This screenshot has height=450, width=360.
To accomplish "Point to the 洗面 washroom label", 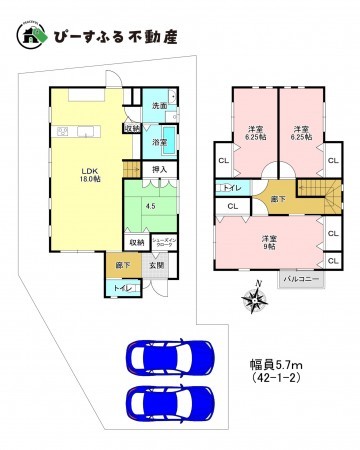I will tap(159, 105).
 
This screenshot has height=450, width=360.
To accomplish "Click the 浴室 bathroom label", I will tap(159, 143).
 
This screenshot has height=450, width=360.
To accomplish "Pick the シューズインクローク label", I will tap(165, 241).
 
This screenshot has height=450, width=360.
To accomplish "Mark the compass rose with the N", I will tap(251, 297).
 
